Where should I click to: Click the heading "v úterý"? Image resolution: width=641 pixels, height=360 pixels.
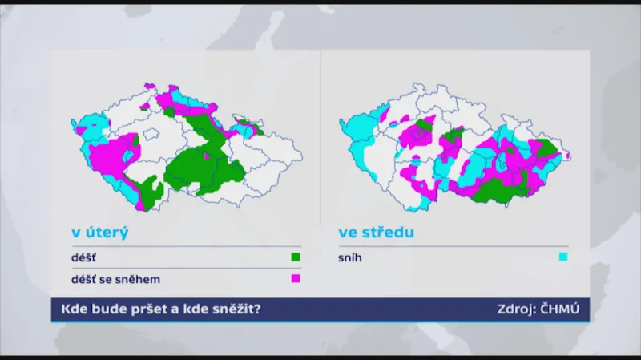tap(100, 233)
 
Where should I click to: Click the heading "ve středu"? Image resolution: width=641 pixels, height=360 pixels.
tap(377, 233)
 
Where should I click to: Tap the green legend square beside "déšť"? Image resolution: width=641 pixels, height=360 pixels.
tap(295, 257)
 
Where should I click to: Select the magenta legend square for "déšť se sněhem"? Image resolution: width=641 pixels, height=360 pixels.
tap(295, 278)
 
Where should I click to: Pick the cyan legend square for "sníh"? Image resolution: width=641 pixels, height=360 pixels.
tap(563, 257)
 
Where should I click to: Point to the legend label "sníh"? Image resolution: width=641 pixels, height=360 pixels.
tap(351, 257)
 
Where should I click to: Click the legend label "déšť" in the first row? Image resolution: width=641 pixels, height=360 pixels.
tap(83, 257)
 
